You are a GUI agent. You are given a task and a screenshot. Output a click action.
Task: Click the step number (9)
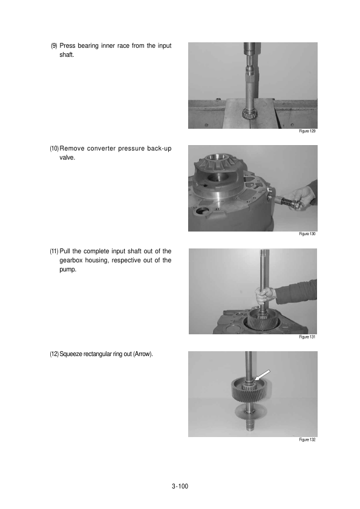click(54, 46)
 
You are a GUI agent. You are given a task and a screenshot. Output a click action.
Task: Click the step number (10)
click(54, 149)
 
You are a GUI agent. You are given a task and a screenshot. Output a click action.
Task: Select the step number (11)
click(54, 251)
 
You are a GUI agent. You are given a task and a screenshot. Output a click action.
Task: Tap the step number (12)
click(54, 354)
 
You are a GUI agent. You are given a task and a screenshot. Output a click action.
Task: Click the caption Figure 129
click(307, 131)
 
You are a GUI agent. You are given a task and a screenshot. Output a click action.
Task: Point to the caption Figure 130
click(307, 234)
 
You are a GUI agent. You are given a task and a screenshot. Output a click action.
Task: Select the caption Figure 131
click(307, 337)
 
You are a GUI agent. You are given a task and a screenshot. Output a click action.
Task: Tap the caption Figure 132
click(307, 439)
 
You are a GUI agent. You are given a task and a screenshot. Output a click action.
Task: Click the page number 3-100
click(180, 486)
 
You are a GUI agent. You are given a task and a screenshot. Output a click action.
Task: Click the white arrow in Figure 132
click(263, 375)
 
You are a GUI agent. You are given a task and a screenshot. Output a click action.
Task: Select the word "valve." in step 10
click(67, 158)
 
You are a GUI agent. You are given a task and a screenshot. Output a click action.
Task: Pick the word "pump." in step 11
click(68, 270)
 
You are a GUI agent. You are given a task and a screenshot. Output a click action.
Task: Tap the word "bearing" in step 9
click(88, 46)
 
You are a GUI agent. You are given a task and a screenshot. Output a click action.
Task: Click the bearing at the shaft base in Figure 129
click(250, 113)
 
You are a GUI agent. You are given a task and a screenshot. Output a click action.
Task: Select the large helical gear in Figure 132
click(250, 389)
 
